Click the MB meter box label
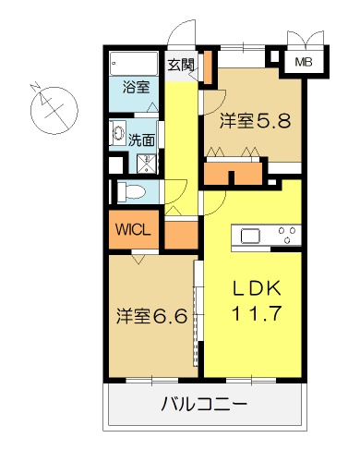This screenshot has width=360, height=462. (304, 62)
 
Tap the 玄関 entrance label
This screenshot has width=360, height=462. (181, 65)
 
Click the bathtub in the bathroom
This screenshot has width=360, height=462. (134, 64)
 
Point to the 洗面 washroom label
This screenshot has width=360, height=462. (141, 140)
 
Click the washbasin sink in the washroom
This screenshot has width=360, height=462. (118, 133)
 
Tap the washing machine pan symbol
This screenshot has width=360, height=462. (147, 164)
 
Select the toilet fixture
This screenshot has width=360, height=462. (131, 191)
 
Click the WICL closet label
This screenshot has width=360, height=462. (133, 229)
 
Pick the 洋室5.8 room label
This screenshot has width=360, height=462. (255, 121)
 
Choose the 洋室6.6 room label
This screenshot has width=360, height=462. (151, 316)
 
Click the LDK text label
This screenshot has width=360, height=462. (257, 288)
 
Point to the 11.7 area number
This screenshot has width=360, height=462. (257, 314)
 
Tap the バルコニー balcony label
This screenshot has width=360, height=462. (204, 404)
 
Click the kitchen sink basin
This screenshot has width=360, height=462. (250, 237)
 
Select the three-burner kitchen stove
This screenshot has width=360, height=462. (287, 235)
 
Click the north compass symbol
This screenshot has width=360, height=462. (54, 110)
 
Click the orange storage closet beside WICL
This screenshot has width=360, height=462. (181, 235)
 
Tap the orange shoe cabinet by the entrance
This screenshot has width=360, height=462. (209, 67)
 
